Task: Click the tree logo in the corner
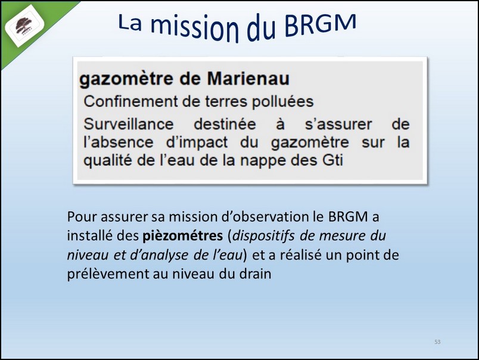[x=24, y=26]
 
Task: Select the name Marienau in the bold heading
[x=248, y=79]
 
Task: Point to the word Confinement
[x=130, y=101]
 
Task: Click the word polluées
[x=282, y=102]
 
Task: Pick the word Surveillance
[x=129, y=124]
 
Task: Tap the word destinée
[x=225, y=124]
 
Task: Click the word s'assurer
[x=338, y=124]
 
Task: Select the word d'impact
[x=197, y=142]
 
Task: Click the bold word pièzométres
[x=183, y=236]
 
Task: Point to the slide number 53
[x=437, y=342]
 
